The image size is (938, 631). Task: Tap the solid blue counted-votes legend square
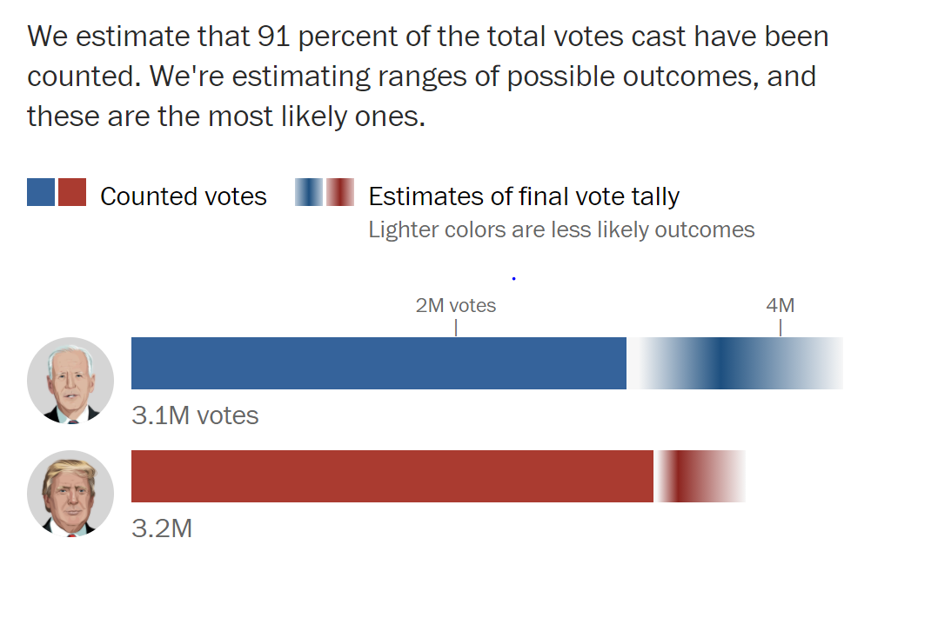41,192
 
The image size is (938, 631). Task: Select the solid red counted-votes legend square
73,192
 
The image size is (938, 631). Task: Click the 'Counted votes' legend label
184,196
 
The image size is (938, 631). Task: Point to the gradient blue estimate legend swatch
309,192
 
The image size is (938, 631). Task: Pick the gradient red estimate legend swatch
341,192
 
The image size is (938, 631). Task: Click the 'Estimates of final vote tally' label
524,196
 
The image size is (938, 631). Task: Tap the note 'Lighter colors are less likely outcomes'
561,229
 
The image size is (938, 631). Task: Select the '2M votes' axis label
456,305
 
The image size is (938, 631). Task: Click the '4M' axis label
780,305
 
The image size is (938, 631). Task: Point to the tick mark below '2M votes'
456,328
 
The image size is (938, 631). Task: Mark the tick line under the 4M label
781,328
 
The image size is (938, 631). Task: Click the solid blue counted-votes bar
379,363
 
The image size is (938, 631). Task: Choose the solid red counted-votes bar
392,476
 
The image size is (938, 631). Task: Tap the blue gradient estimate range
734,363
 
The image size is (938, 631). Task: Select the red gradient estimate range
700,476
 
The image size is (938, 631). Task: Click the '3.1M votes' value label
195,415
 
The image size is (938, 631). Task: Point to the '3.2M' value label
162,528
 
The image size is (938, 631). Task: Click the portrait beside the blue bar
70,381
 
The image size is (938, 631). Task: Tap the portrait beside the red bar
70,494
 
